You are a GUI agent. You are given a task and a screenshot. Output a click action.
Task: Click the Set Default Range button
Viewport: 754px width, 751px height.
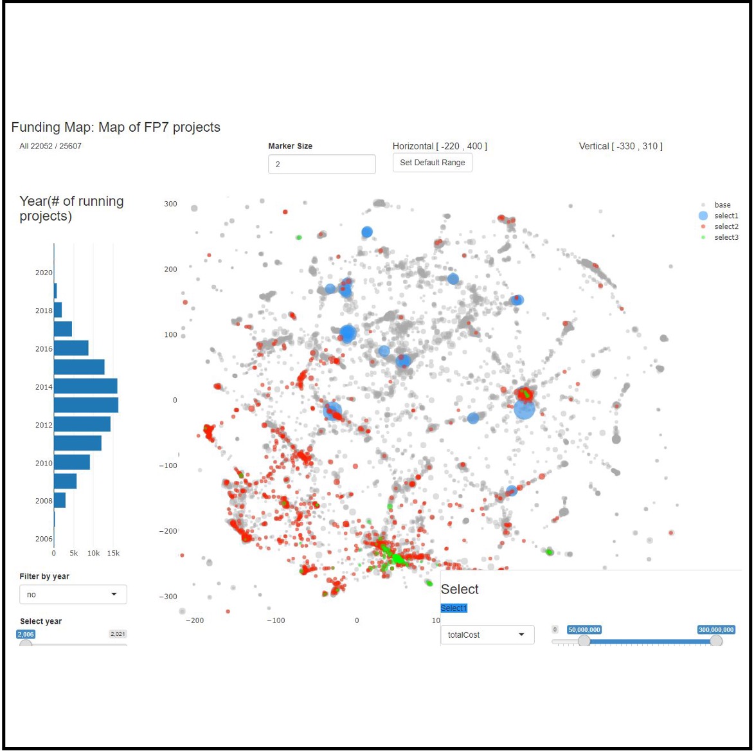[433, 163]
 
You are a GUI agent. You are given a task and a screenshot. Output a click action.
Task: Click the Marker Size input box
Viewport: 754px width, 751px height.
[321, 164]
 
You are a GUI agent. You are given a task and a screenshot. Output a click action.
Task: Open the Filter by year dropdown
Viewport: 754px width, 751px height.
[73, 594]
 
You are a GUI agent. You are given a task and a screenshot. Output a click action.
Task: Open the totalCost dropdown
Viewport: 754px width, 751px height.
[487, 635]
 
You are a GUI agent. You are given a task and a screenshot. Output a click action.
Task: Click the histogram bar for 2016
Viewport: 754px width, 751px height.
[71, 348]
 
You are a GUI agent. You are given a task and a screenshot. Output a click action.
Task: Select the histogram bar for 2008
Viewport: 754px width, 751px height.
[60, 500]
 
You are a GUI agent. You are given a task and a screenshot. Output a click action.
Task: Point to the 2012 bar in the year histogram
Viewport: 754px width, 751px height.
[82, 424]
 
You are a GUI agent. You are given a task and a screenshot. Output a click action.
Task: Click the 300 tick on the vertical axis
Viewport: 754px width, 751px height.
[170, 204]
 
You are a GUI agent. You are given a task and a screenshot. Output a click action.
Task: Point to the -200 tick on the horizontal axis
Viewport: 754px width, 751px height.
[194, 620]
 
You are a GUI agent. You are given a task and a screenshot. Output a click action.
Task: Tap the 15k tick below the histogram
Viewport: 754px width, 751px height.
[113, 553]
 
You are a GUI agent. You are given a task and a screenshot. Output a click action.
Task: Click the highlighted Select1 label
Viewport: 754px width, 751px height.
[454, 608]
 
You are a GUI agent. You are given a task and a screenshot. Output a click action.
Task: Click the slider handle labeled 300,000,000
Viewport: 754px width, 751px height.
[715, 641]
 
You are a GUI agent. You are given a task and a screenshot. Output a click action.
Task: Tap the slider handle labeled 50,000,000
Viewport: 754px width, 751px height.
[584, 641]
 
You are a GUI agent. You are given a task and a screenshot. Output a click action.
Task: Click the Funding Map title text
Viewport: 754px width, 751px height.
[116, 127]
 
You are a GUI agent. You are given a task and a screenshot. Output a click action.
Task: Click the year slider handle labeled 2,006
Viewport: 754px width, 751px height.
[26, 644]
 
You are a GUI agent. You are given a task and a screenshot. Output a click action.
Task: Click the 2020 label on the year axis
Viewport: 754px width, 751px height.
[44, 273]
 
